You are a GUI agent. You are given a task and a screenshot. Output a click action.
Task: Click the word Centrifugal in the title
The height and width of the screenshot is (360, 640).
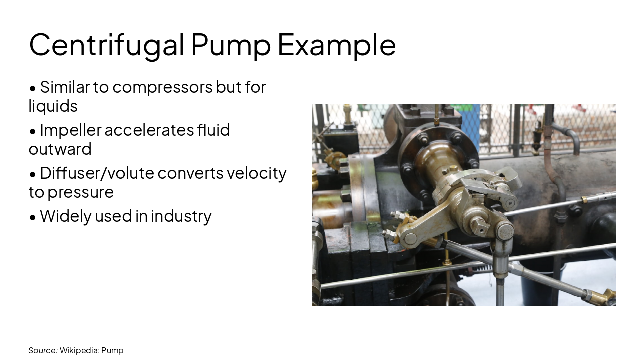(x=107, y=45)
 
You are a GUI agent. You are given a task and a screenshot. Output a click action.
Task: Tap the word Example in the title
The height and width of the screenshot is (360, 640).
(x=336, y=45)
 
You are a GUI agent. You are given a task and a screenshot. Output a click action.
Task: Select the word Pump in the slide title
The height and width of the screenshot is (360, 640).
(x=231, y=45)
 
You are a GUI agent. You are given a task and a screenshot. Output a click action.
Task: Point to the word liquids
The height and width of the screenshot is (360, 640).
(x=53, y=106)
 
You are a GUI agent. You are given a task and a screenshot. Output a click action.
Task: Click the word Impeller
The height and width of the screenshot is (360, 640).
(x=70, y=130)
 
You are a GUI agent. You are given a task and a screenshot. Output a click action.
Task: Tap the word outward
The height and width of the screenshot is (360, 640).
(x=60, y=149)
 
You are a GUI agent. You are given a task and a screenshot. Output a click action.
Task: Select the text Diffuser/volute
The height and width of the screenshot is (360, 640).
(x=98, y=173)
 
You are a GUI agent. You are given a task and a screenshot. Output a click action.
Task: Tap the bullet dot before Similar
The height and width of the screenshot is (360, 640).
(x=33, y=88)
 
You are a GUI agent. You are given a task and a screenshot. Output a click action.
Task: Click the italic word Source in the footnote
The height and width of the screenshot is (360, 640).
(x=43, y=350)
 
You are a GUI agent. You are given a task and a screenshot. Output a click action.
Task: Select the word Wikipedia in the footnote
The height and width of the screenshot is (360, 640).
(x=79, y=350)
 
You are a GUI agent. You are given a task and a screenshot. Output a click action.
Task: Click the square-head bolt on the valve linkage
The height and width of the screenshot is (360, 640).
(x=480, y=226)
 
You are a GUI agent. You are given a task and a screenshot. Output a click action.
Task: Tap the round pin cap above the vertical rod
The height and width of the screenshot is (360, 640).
(x=505, y=231)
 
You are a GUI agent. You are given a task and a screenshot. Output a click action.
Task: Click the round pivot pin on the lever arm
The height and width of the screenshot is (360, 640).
(x=410, y=238)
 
